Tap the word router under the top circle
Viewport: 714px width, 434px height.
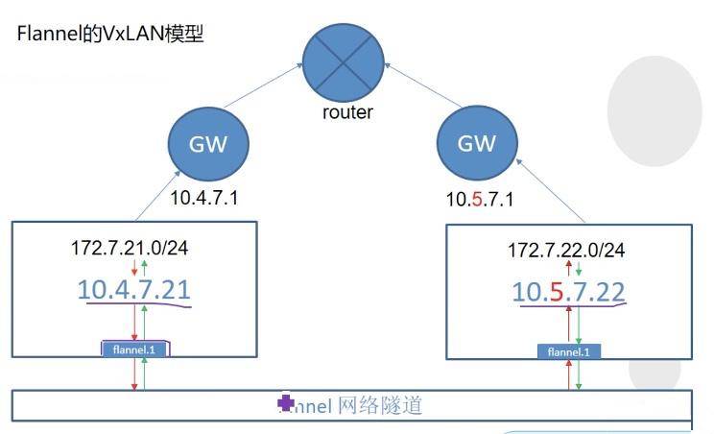coord(346,112)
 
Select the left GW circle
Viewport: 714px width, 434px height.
coord(208,143)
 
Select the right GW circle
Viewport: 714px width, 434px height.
coord(478,143)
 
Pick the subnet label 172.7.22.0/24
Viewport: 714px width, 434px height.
coord(566,250)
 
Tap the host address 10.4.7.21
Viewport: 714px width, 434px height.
coord(134,289)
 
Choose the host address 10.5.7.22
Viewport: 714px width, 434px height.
coord(568,291)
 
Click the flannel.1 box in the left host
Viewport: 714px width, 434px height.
coord(135,350)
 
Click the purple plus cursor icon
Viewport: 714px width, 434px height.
coord(285,403)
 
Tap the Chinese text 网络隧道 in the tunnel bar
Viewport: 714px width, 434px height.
coord(380,405)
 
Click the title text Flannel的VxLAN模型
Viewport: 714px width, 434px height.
coord(110,36)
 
